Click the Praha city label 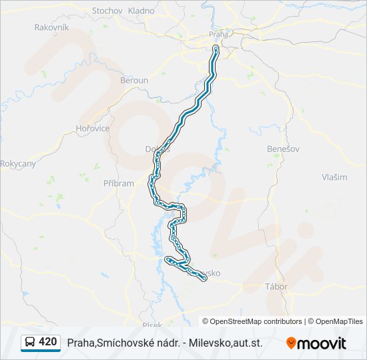[219, 33]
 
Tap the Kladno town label [141, 11]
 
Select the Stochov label [107, 11]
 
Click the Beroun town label [133, 80]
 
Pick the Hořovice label [92, 128]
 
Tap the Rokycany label [18, 163]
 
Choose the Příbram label [119, 183]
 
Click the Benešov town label [280, 149]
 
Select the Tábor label [276, 287]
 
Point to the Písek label [152, 324]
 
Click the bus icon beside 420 [30, 343]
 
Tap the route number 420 [48, 342]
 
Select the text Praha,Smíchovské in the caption [105, 343]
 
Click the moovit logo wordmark [322, 343]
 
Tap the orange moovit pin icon [291, 343]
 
